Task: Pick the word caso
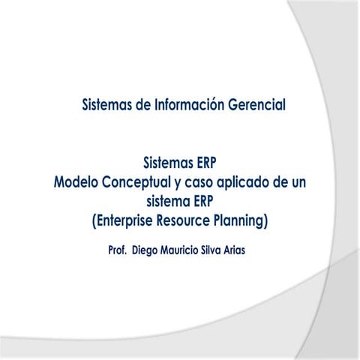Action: (201, 182)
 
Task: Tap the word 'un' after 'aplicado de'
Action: (304, 182)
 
